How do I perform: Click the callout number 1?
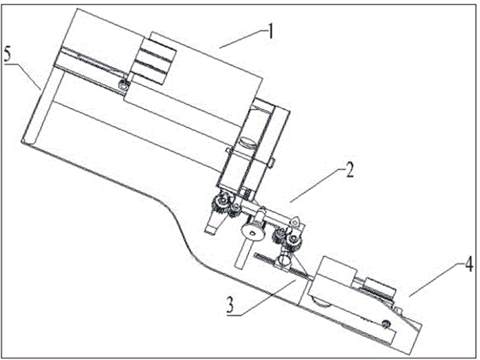point(269,31)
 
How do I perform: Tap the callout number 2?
point(350,169)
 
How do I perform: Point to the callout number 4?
point(468,264)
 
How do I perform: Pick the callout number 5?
point(7,55)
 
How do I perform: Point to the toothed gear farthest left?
point(219,203)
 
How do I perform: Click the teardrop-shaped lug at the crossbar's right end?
point(295,222)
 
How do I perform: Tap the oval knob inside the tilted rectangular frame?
point(247,142)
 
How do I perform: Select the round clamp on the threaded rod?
point(285,260)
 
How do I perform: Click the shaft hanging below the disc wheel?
point(242,254)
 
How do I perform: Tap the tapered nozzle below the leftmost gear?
point(213,223)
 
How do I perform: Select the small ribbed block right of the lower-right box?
point(378,288)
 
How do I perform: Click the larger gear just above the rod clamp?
point(293,240)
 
